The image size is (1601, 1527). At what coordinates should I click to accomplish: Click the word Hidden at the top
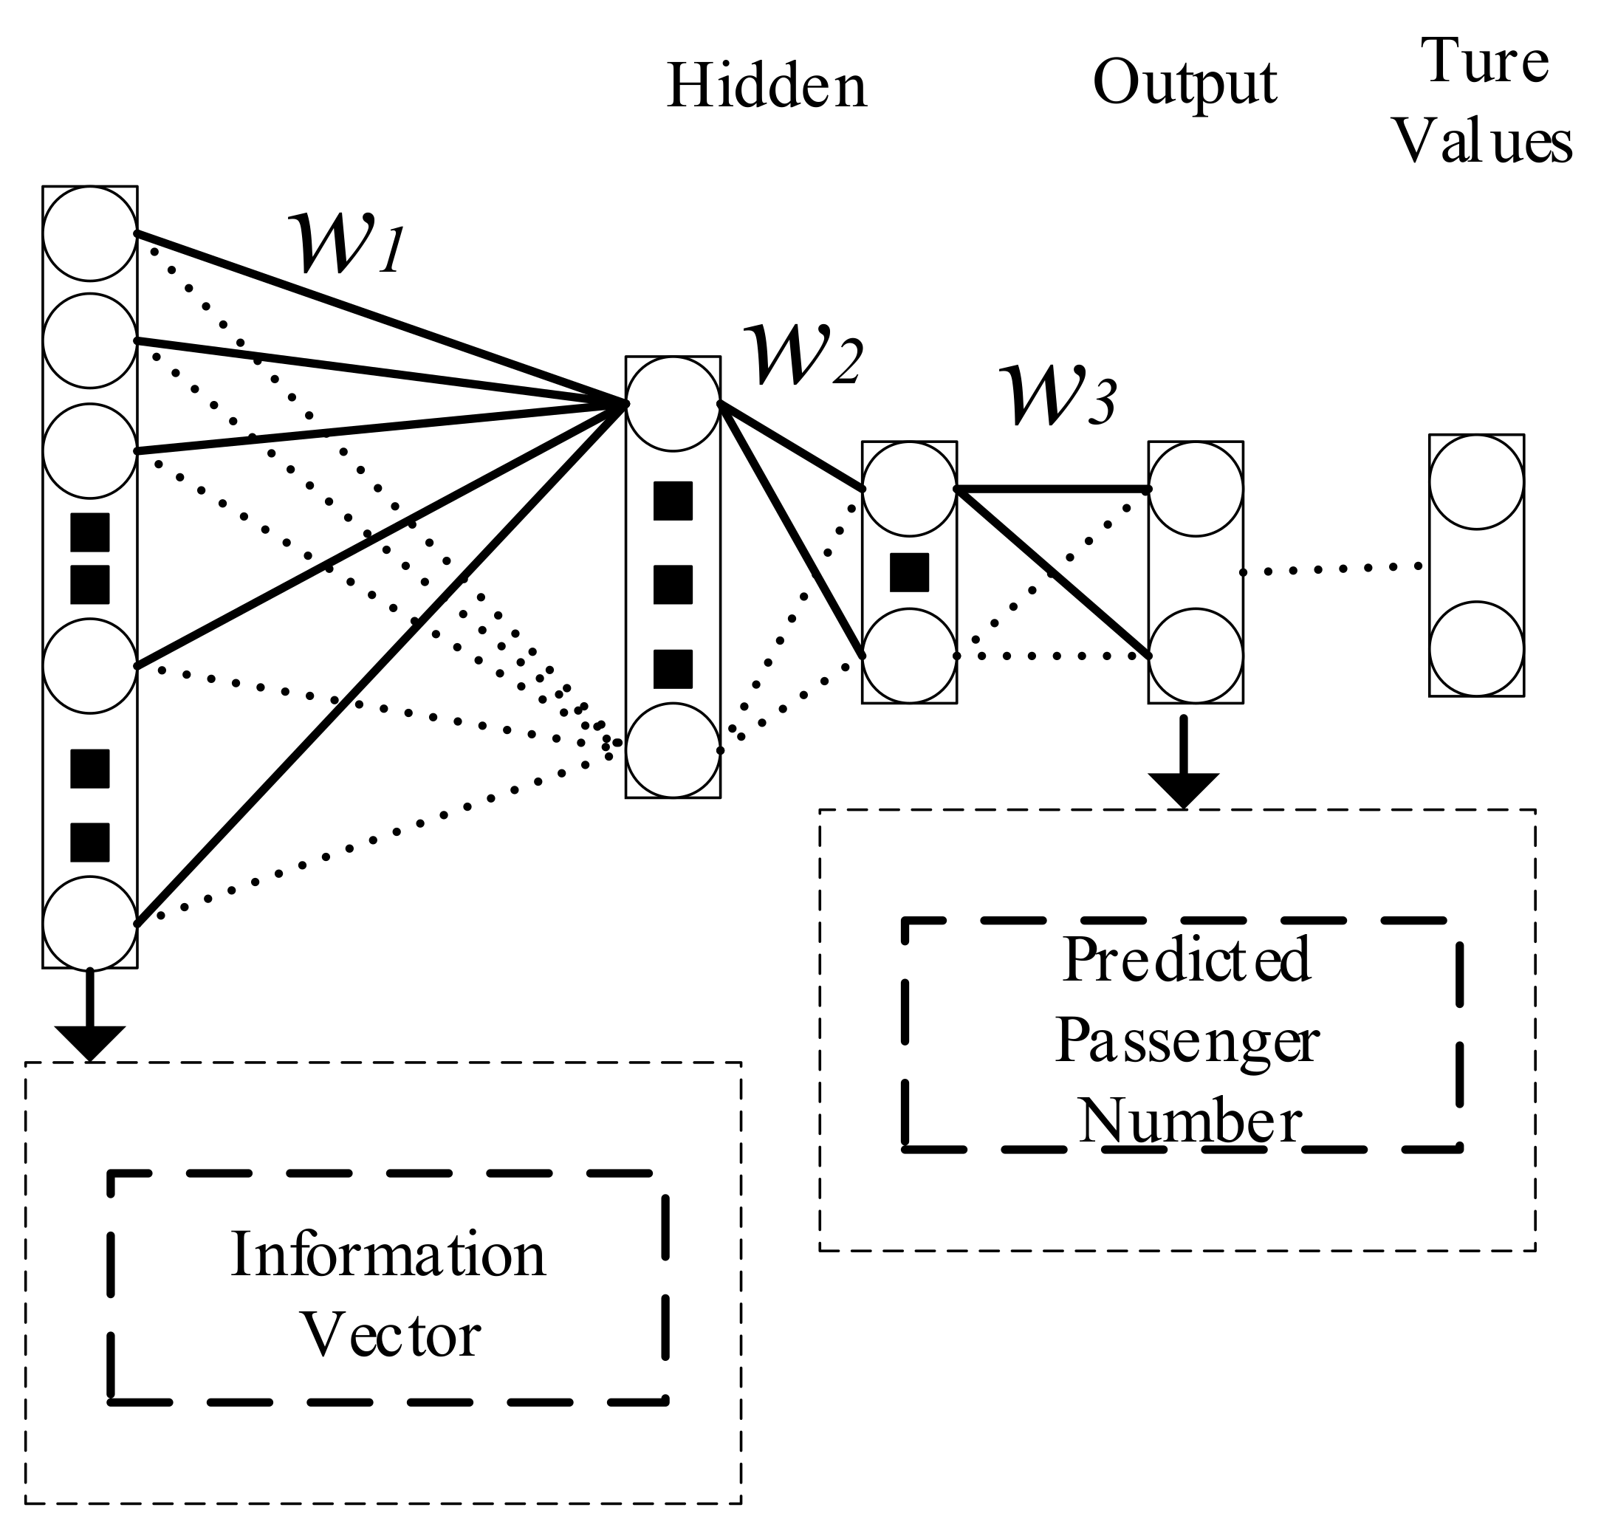click(767, 86)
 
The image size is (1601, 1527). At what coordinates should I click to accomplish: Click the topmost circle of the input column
click(89, 233)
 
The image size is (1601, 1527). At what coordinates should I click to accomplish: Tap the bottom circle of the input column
click(89, 924)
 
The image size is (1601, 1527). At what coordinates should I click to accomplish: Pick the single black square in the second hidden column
click(908, 572)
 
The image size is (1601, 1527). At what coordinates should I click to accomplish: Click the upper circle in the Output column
click(1195, 488)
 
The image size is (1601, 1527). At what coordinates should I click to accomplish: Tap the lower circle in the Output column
click(1195, 656)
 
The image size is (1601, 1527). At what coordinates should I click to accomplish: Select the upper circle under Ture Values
click(1475, 482)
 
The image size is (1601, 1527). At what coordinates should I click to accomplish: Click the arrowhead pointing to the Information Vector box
click(89, 1042)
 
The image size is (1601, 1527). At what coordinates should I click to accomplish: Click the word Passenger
click(1187, 1041)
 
